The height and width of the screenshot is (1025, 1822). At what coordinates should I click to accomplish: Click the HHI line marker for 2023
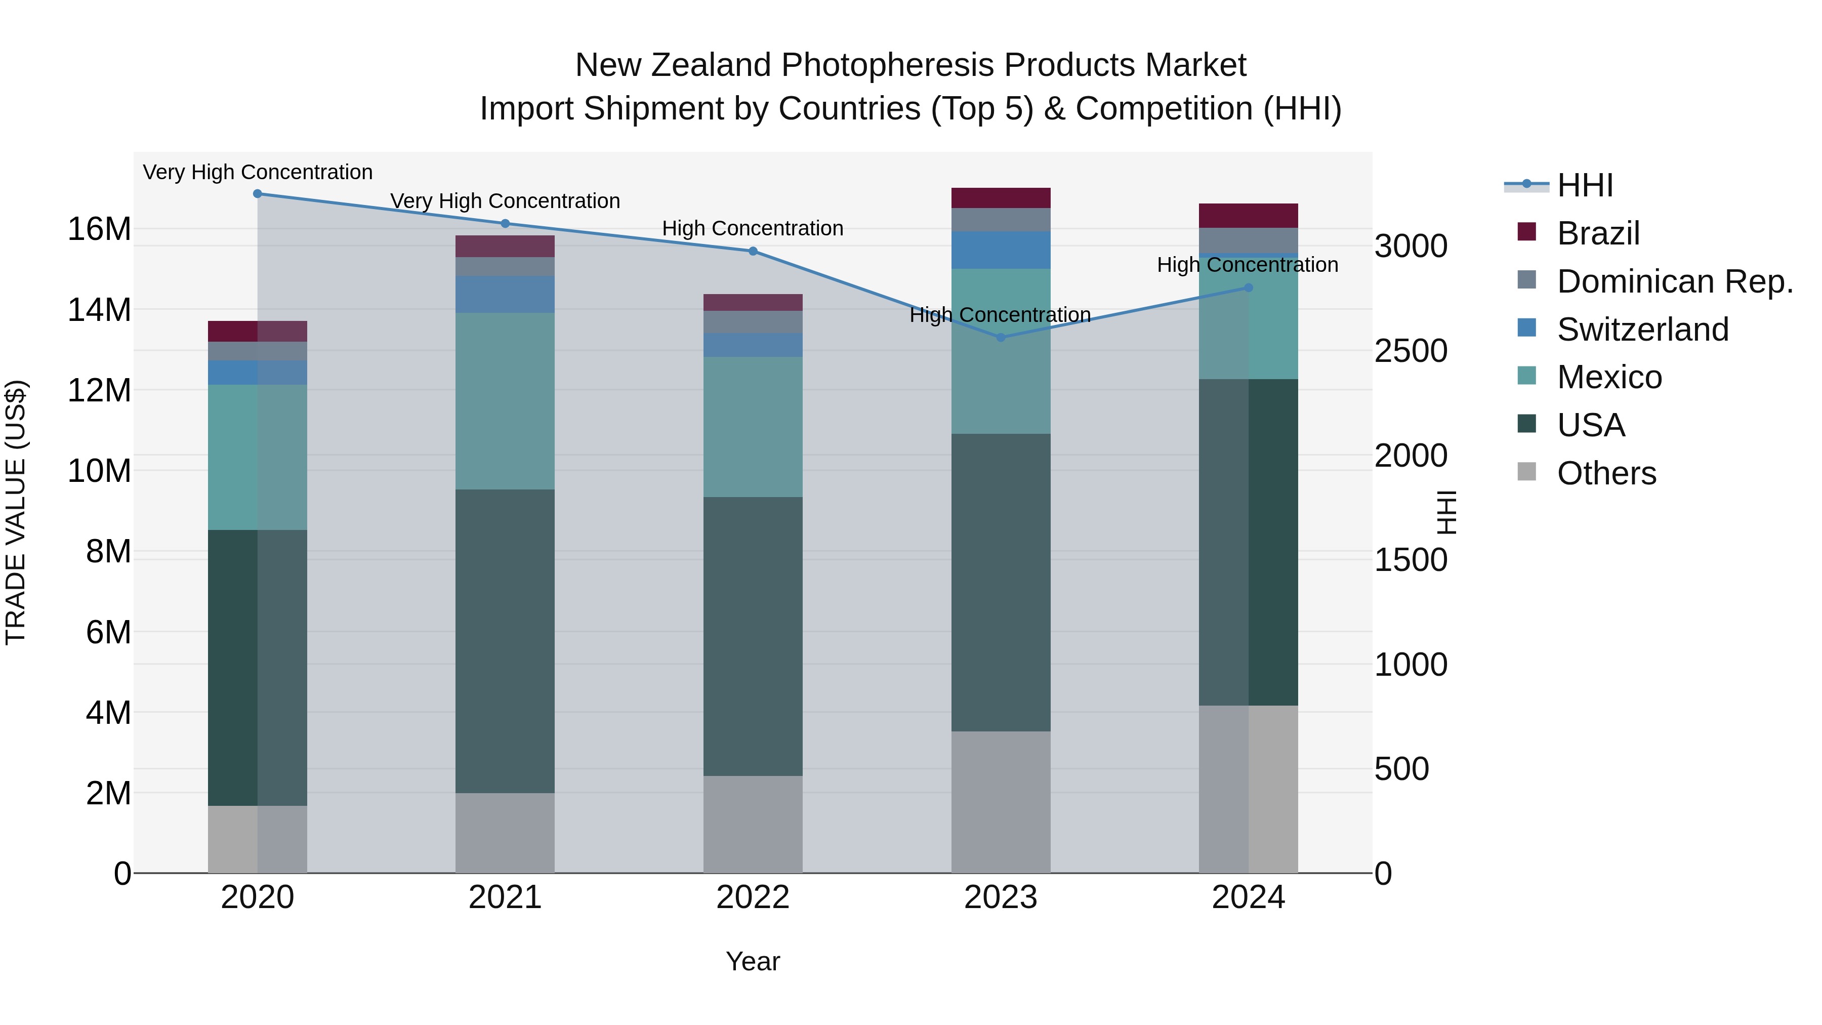pos(1000,338)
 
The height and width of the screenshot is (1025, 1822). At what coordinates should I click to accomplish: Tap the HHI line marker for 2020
pos(258,193)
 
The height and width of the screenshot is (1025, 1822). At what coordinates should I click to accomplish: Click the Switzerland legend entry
pos(1642,330)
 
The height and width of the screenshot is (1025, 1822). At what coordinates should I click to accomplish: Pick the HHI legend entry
pos(1584,185)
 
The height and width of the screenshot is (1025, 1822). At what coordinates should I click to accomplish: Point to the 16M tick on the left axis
pos(99,229)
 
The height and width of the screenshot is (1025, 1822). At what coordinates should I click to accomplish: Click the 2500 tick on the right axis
pos(1411,351)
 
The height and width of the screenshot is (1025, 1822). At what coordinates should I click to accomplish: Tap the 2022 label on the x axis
pos(753,897)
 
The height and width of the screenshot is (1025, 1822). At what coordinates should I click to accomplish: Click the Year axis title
pos(753,961)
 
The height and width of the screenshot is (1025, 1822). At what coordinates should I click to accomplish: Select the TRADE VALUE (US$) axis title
pos(16,512)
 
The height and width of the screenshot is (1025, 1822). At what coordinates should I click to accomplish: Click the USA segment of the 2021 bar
pos(505,640)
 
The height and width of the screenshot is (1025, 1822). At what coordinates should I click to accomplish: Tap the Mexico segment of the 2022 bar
pos(753,427)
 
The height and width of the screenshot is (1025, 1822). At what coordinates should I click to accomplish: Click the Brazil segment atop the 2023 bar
pos(1000,198)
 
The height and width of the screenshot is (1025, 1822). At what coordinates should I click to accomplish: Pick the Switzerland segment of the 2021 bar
pos(505,294)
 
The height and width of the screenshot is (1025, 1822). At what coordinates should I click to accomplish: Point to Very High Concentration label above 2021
pos(505,201)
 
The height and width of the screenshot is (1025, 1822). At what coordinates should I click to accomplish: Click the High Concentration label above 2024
pos(1247,265)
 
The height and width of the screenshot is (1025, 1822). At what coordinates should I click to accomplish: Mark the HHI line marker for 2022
pos(753,251)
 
